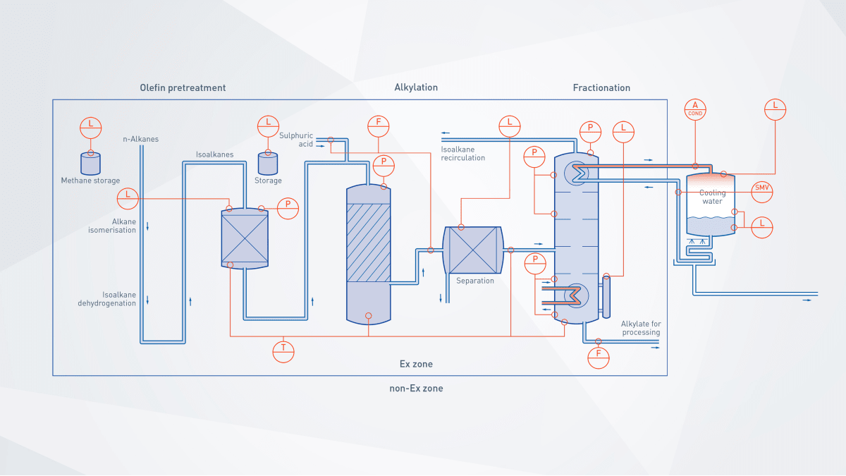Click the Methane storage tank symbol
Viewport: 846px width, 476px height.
tap(91, 164)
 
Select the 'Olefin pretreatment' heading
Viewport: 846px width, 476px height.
tap(183, 88)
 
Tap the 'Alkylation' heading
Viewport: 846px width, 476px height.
tap(416, 87)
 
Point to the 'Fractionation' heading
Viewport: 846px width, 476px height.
tap(601, 88)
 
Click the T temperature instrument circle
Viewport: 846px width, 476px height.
tap(283, 352)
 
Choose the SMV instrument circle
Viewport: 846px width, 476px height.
tap(762, 192)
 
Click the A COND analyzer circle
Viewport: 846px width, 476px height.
tap(695, 109)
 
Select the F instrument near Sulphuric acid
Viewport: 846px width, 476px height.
tap(378, 126)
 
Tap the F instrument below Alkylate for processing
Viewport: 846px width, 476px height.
tap(599, 358)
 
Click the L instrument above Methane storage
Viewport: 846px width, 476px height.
tap(91, 128)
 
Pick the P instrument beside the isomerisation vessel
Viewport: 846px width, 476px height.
tap(288, 208)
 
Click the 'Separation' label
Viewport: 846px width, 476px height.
tap(474, 281)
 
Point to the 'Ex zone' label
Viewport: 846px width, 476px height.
tap(416, 364)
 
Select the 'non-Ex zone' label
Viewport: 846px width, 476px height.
tap(416, 389)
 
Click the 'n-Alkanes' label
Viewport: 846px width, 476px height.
tap(140, 139)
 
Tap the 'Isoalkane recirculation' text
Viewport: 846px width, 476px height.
tap(462, 154)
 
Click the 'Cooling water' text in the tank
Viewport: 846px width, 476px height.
tap(712, 197)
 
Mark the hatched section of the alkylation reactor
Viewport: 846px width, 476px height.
tap(368, 243)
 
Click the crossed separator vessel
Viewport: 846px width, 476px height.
tap(473, 250)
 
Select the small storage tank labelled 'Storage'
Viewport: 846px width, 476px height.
tap(268, 164)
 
